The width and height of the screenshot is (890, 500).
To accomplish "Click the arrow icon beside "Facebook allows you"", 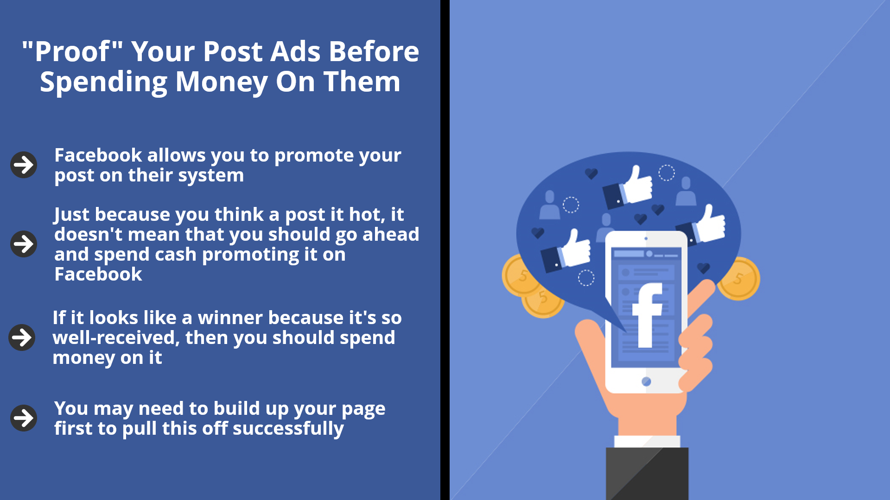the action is pyautogui.click(x=24, y=164).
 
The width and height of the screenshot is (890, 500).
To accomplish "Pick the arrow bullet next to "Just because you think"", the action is pyautogui.click(x=24, y=244).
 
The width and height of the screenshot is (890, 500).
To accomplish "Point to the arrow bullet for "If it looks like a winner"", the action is pyautogui.click(x=22, y=337).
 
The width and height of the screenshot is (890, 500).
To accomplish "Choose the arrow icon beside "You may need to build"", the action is pyautogui.click(x=24, y=418).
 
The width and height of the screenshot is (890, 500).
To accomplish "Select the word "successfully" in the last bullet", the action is pyautogui.click(x=288, y=429).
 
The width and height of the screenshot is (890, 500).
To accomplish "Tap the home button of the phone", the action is pyautogui.click(x=646, y=381).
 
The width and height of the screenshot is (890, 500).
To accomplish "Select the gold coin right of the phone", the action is pyautogui.click(x=739, y=279).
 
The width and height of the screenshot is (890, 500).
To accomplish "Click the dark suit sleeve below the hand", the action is pyautogui.click(x=647, y=474).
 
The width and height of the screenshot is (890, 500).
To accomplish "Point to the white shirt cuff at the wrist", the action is pyautogui.click(x=647, y=441).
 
